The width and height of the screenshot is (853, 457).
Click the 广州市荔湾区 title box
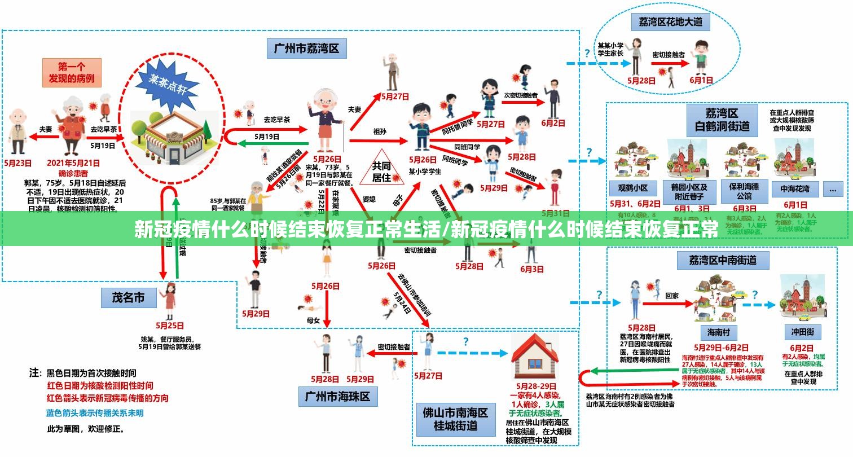click(x=306, y=49)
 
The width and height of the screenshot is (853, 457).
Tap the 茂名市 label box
click(x=128, y=298)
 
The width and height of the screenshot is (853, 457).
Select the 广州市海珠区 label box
click(x=337, y=396)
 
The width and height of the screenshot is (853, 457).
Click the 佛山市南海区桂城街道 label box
click(x=455, y=418)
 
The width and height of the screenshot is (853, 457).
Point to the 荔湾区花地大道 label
click(x=670, y=22)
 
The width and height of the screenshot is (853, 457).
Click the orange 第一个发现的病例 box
click(x=72, y=72)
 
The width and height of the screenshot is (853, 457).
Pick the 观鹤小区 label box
click(x=632, y=188)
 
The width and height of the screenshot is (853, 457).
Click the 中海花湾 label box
click(x=795, y=188)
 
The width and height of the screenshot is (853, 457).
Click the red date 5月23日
click(x=18, y=163)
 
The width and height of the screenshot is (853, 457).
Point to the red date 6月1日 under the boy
click(x=701, y=80)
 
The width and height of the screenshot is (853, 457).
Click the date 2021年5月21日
click(x=73, y=163)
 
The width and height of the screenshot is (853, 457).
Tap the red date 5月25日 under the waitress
click(x=170, y=326)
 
